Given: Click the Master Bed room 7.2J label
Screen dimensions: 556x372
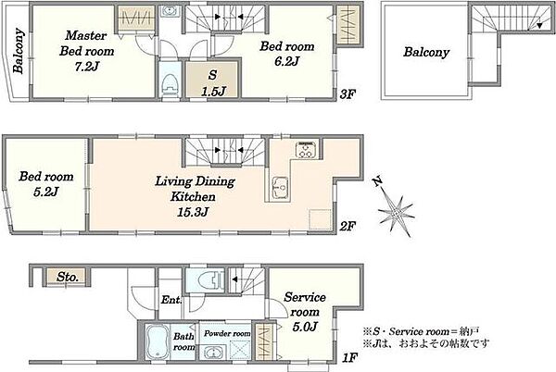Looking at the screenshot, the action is coord(87,51).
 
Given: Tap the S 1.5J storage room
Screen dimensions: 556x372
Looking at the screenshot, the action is coord(212,80).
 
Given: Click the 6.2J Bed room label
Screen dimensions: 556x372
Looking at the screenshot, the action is coord(287,54).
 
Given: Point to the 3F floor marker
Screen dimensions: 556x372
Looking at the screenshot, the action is coord(347,94).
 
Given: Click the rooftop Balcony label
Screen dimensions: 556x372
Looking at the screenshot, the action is coord(426,53).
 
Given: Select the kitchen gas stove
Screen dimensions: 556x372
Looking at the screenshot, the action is coord(306,149).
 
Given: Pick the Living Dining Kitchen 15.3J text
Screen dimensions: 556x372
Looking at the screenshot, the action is coord(195,196).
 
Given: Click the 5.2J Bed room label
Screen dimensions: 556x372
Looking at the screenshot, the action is coord(46,184).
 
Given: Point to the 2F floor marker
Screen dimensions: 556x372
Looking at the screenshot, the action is coord(347,226).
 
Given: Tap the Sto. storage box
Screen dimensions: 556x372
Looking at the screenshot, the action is coord(67,277).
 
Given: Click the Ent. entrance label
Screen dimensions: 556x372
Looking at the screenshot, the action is coord(171,300).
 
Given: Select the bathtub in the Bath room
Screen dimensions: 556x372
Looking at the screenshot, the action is coord(158,341).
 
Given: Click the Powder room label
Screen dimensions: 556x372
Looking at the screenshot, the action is coord(227,333).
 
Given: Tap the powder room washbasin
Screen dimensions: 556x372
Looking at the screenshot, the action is coord(214,353).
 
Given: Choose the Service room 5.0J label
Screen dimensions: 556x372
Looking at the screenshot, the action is coord(304,312).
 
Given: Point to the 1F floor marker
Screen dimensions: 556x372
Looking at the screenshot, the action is coord(349,358).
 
